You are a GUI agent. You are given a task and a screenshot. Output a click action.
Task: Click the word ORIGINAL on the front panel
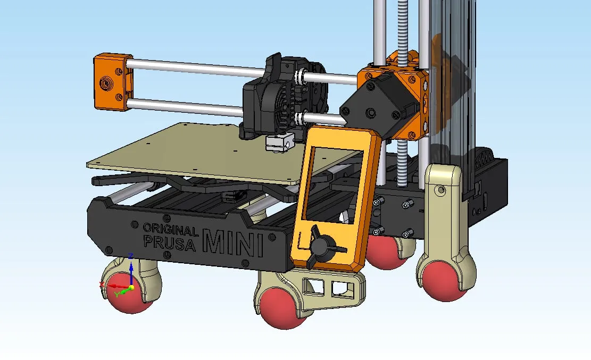tap(170, 229)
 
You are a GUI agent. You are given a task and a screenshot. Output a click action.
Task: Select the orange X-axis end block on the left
tap(112, 82)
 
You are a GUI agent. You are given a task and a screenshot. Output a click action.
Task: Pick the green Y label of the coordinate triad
tap(116, 294)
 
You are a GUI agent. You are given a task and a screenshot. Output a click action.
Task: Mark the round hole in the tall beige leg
tap(439, 190)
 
